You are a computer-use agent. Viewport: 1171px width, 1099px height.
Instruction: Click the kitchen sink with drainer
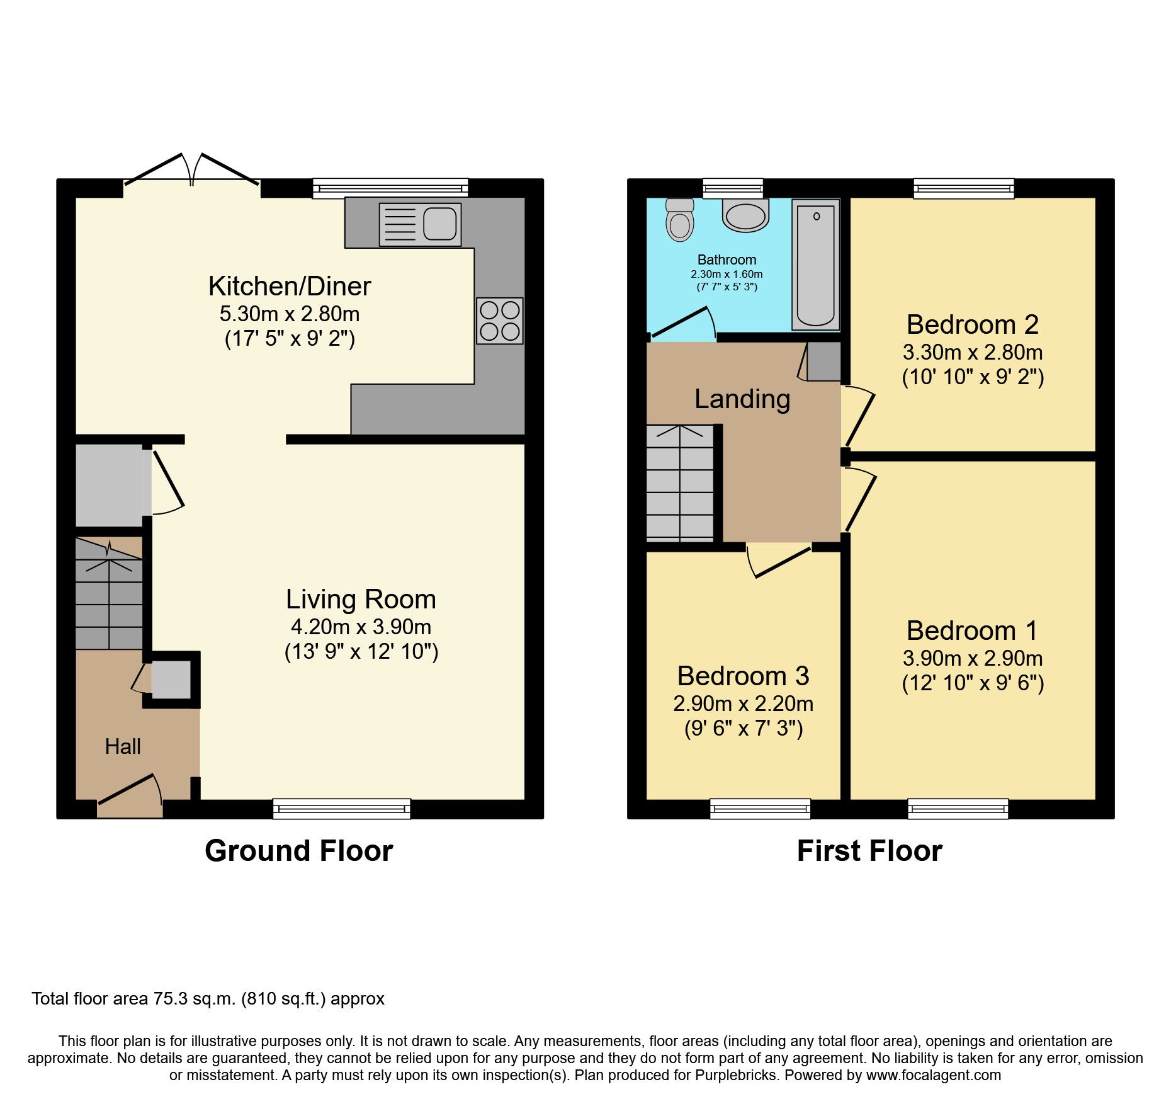pos(420,224)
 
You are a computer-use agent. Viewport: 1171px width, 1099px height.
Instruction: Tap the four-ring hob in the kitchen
pos(500,321)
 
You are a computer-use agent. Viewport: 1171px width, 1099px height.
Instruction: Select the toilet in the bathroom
pos(680,220)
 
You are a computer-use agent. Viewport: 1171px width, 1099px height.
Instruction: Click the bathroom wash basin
pos(745,216)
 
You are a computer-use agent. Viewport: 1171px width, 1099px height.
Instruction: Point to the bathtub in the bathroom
pos(815,265)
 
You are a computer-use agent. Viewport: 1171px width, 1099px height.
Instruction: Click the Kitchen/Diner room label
pos(290,287)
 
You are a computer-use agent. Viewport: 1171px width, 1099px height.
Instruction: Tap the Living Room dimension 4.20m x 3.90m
pos(361,627)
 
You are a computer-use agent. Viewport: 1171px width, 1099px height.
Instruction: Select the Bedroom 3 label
pos(743,676)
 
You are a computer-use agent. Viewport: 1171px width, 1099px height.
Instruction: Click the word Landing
pos(742,399)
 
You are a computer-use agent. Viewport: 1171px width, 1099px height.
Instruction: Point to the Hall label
pos(123,746)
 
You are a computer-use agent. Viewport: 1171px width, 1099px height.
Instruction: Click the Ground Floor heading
pos(298,851)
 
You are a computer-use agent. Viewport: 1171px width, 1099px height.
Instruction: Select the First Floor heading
pos(869,851)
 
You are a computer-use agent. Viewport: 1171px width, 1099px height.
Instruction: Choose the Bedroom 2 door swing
pos(859,416)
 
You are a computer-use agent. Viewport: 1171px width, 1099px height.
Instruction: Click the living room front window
pos(341,808)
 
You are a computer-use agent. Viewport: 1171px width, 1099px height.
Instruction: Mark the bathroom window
pos(732,188)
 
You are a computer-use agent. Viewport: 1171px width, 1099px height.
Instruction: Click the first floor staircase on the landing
pos(680,484)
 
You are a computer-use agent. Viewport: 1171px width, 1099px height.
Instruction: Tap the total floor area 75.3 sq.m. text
pos(208,999)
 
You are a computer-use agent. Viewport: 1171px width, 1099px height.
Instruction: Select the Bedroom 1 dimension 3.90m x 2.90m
pos(973,658)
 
